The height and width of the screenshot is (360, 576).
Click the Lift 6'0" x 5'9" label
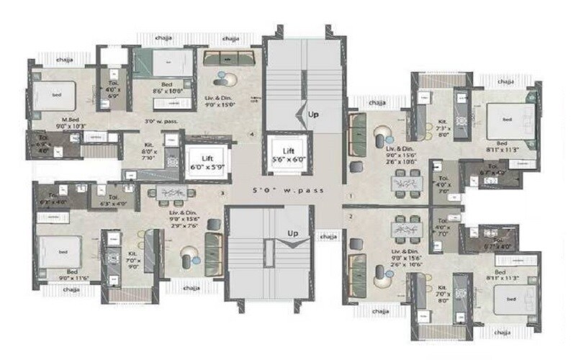(x=207, y=161)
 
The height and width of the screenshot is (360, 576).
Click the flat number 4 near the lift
(x=251, y=134)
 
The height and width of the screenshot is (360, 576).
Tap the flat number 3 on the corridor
(x=222, y=193)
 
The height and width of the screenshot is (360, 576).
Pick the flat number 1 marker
(x=351, y=196)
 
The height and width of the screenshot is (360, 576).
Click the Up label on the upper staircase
(x=313, y=114)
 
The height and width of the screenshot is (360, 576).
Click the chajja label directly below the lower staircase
(x=328, y=235)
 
